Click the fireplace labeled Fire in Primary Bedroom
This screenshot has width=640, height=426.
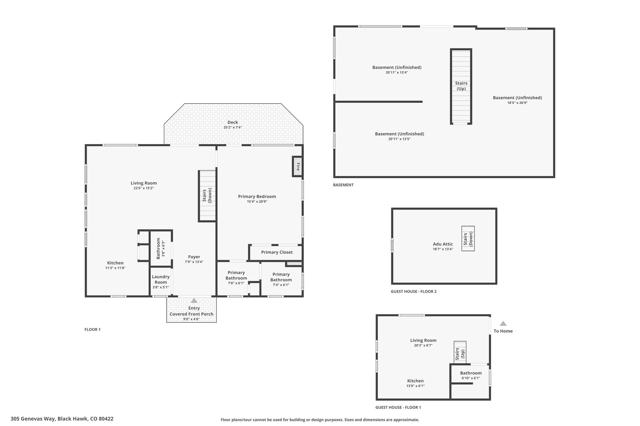[297, 166]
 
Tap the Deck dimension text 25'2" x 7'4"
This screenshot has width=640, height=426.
[232, 127]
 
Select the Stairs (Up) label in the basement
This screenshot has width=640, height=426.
[461, 86]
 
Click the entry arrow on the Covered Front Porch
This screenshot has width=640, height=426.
[194, 301]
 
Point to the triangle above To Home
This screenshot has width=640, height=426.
[503, 324]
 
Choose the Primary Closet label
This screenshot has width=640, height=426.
[277, 252]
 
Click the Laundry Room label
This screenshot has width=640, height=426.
[161, 279]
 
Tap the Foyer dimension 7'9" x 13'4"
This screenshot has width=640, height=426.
[194, 262]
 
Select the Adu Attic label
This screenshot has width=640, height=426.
[443, 244]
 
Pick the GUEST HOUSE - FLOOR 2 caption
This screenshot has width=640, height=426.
[414, 291]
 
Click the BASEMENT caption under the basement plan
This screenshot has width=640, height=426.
[343, 185]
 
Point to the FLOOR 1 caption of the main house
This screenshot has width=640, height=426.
[92, 329]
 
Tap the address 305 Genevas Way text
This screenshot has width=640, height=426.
[33, 419]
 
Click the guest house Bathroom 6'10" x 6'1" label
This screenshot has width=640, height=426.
[471, 375]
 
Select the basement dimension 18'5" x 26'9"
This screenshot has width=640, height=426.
[517, 103]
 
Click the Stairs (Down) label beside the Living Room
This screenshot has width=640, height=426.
[207, 195]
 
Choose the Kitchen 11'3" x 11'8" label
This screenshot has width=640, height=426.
[115, 265]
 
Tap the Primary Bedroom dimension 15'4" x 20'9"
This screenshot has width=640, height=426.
[257, 202]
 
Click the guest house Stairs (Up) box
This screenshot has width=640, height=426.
[460, 353]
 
